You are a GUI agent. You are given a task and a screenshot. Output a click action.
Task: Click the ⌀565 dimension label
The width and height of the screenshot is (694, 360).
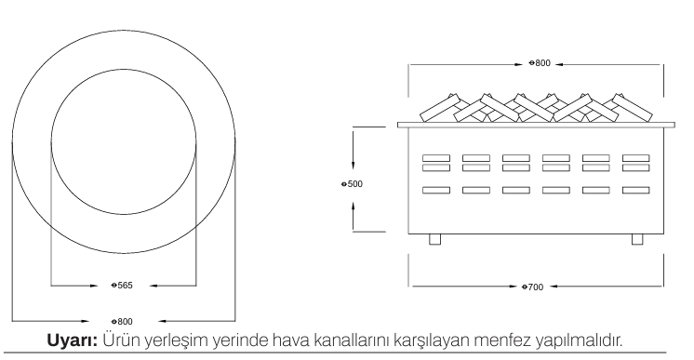coord(122,286)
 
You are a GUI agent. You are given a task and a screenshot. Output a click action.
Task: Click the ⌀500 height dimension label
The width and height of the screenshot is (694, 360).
coord(352,184)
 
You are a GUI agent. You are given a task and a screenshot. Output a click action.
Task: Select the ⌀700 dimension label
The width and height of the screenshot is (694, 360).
coord(532,287)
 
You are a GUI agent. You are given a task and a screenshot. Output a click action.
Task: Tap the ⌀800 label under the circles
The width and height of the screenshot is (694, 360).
coord(122,322)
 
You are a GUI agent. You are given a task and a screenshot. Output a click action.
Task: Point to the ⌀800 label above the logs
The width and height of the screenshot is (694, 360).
coord(540,63)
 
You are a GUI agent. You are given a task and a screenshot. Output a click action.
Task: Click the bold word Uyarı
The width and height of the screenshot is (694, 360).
coord(73,340)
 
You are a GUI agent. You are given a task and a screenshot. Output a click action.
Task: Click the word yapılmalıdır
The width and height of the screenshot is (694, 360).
coord(579,341)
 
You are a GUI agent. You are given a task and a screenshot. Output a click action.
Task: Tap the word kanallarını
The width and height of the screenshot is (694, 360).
coord(352,340)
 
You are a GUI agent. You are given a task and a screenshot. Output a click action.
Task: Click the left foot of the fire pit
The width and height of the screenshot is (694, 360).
coord(435,239)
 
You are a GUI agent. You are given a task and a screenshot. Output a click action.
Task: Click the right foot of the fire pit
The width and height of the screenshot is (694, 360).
coord(637,239)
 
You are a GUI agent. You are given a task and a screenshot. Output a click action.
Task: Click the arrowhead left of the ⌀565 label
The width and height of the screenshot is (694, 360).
coord(93,286)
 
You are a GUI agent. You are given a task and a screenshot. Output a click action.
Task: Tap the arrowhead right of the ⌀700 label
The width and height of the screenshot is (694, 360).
coord(554,287)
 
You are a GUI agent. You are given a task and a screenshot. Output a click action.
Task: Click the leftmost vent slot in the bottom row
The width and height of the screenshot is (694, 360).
coord(436,190)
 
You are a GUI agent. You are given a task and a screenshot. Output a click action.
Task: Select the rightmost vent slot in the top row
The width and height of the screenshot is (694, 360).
coord(636,158)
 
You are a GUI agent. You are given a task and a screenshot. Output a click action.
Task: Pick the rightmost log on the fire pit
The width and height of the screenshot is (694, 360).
coord(633,108)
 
